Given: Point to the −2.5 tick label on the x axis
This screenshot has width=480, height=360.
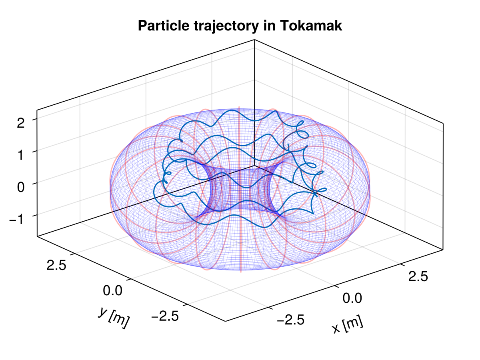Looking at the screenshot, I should click(x=290, y=320).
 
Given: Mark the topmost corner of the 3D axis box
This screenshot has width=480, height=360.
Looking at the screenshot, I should click(x=254, y=40).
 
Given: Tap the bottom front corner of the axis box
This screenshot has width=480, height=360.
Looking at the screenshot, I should click(x=225, y=321).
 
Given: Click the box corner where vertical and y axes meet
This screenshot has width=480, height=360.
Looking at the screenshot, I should click(x=37, y=236).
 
